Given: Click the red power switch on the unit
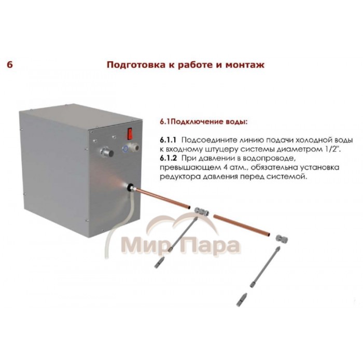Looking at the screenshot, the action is [x=130, y=133].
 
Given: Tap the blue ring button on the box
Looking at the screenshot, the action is [x=125, y=149].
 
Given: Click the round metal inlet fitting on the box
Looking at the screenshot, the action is [x=107, y=152].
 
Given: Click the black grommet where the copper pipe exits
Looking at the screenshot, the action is [x=130, y=186].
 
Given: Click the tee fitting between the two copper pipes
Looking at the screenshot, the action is [x=201, y=211].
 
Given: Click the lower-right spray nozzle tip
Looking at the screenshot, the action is [x=241, y=300].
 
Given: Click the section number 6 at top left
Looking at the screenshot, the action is [x=10, y=65].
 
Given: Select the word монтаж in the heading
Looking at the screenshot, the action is [x=245, y=65].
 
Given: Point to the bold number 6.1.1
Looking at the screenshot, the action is [x=168, y=140].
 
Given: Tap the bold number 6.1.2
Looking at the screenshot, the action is [x=169, y=158].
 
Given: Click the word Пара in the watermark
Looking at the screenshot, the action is [x=213, y=245].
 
